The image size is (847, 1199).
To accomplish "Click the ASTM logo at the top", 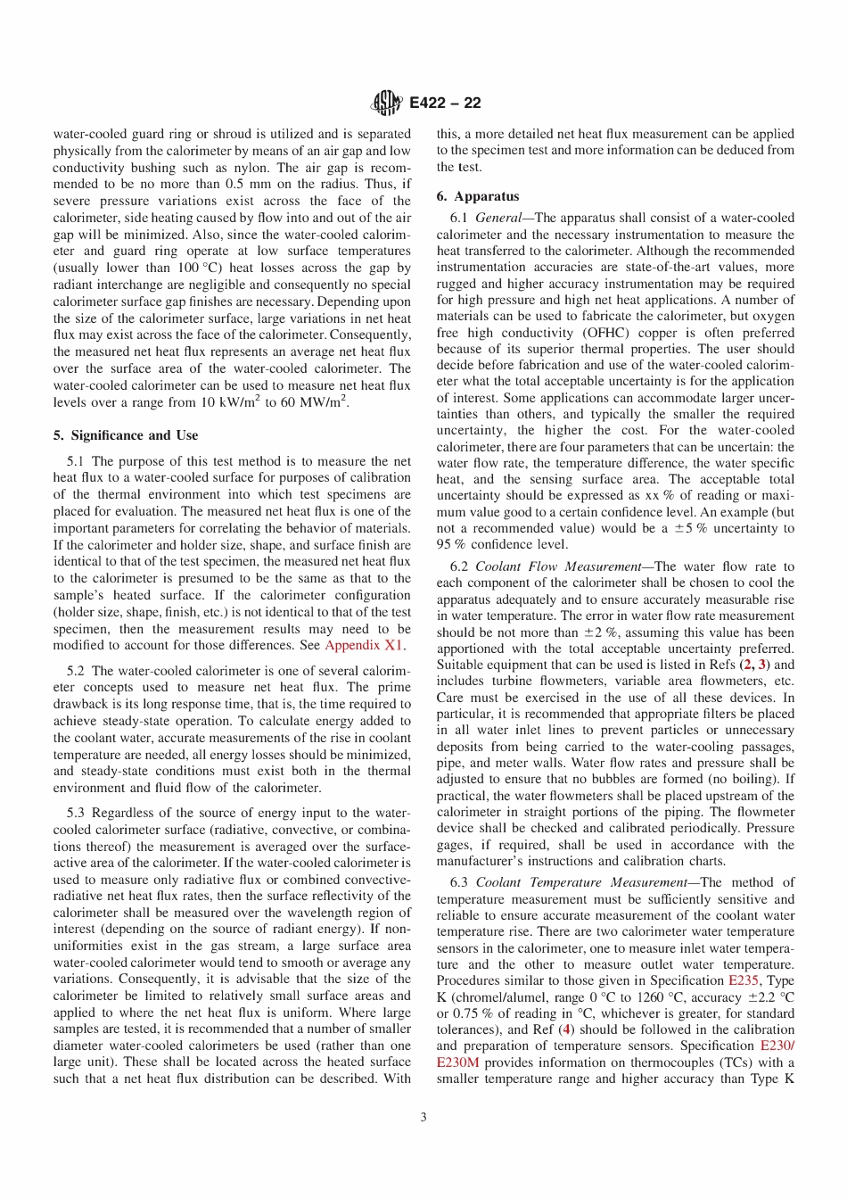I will point(387,103).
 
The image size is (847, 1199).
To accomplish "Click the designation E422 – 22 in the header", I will point(445,103).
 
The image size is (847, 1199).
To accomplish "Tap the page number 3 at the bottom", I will point(423,1117).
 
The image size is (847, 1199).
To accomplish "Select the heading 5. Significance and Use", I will point(126,435).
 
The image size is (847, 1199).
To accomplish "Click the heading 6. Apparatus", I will point(478,196).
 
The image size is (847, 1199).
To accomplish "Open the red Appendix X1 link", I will point(364,645).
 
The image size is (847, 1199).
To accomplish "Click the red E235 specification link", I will point(744,980).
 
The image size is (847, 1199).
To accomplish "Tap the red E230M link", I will point(458,1063).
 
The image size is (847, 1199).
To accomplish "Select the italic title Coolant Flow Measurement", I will point(558,566).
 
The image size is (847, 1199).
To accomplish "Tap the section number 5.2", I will point(76,671).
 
